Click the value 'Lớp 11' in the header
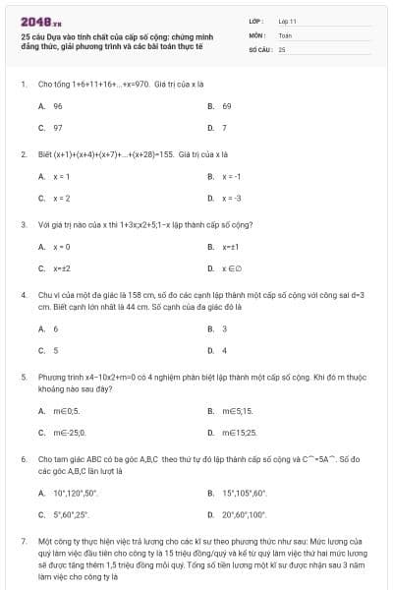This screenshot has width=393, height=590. [287, 20]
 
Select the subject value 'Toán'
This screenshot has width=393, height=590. [285, 33]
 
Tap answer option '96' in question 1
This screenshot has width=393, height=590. [58, 105]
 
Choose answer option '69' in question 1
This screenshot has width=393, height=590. [226, 105]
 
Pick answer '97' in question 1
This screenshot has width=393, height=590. [58, 128]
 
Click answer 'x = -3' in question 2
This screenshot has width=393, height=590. [232, 198]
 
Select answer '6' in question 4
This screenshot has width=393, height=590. [56, 328]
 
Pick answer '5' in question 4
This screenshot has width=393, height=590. [56, 350]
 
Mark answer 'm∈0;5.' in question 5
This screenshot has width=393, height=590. [66, 410]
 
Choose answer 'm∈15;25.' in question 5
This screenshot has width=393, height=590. [239, 432]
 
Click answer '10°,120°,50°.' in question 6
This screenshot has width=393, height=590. [77, 493]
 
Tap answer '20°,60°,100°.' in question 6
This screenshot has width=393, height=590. [245, 514]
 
